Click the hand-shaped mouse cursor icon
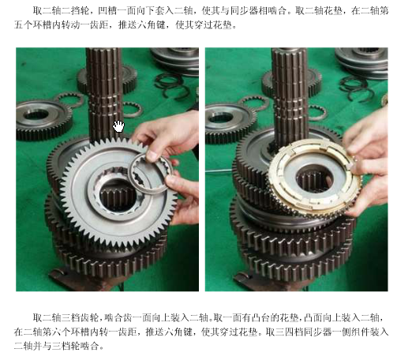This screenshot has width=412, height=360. (118, 126)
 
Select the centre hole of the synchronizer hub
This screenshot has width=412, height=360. (314, 179)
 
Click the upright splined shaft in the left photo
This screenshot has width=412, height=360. (104, 92)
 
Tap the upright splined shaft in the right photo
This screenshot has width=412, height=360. (290, 92)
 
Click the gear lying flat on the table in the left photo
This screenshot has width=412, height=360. (43, 120)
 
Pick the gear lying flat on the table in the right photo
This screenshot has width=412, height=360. (230, 122)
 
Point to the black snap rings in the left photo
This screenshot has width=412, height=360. (172, 85)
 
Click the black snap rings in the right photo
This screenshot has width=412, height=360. (357, 88)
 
